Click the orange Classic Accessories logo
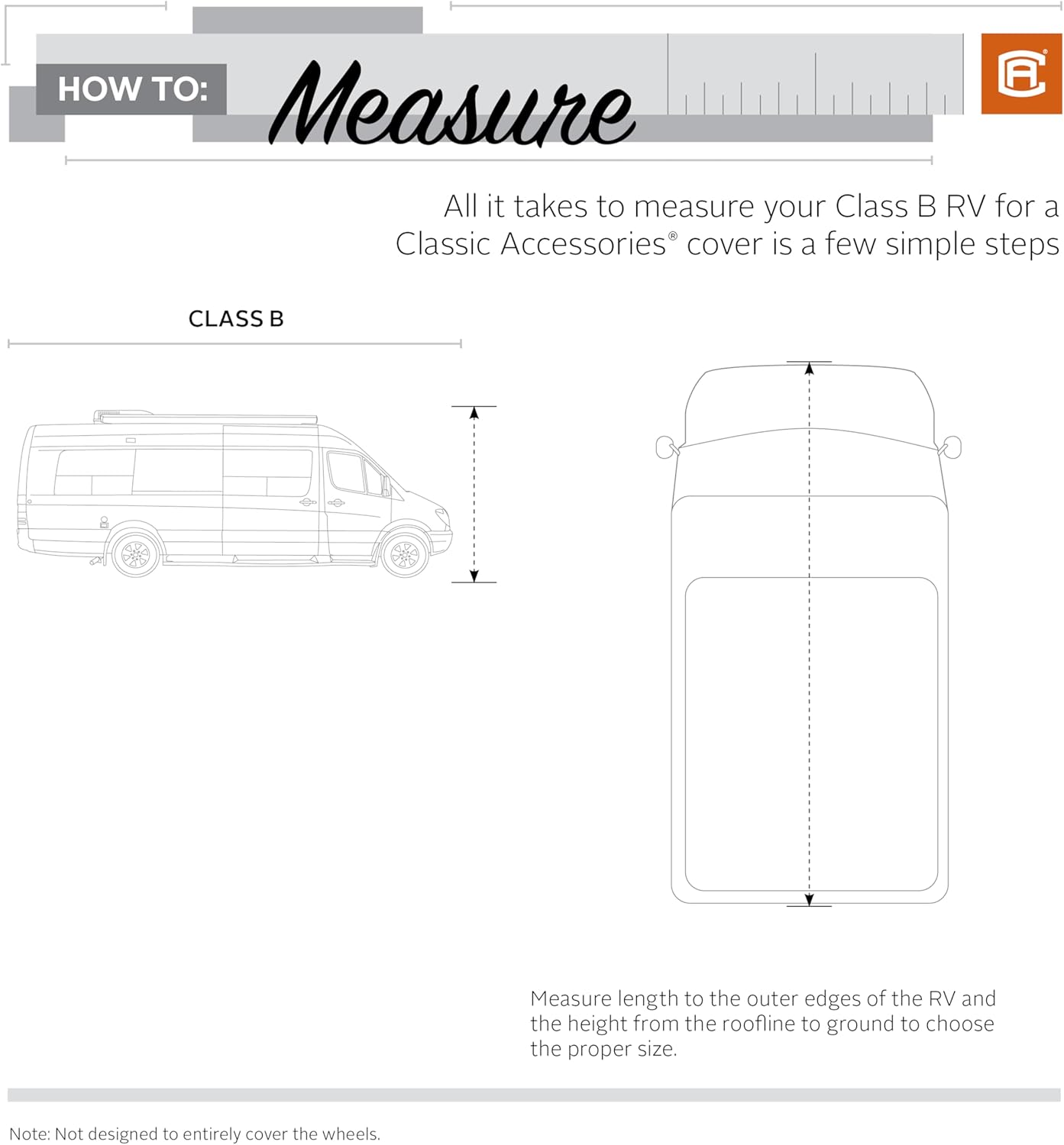tap(1020, 74)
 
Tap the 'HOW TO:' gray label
tap(132, 89)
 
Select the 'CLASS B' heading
tap(236, 319)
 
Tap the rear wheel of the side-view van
tap(136, 553)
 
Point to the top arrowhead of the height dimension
tap(474, 413)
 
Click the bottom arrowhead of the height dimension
tap(474, 576)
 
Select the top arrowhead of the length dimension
tap(809, 368)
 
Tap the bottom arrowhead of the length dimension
tap(809, 900)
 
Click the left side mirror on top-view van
tap(665, 447)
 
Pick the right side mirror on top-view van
tap(952, 447)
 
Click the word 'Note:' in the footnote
tap(30, 1134)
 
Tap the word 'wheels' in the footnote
tap(354, 1134)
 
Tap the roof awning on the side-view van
tap(206, 417)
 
